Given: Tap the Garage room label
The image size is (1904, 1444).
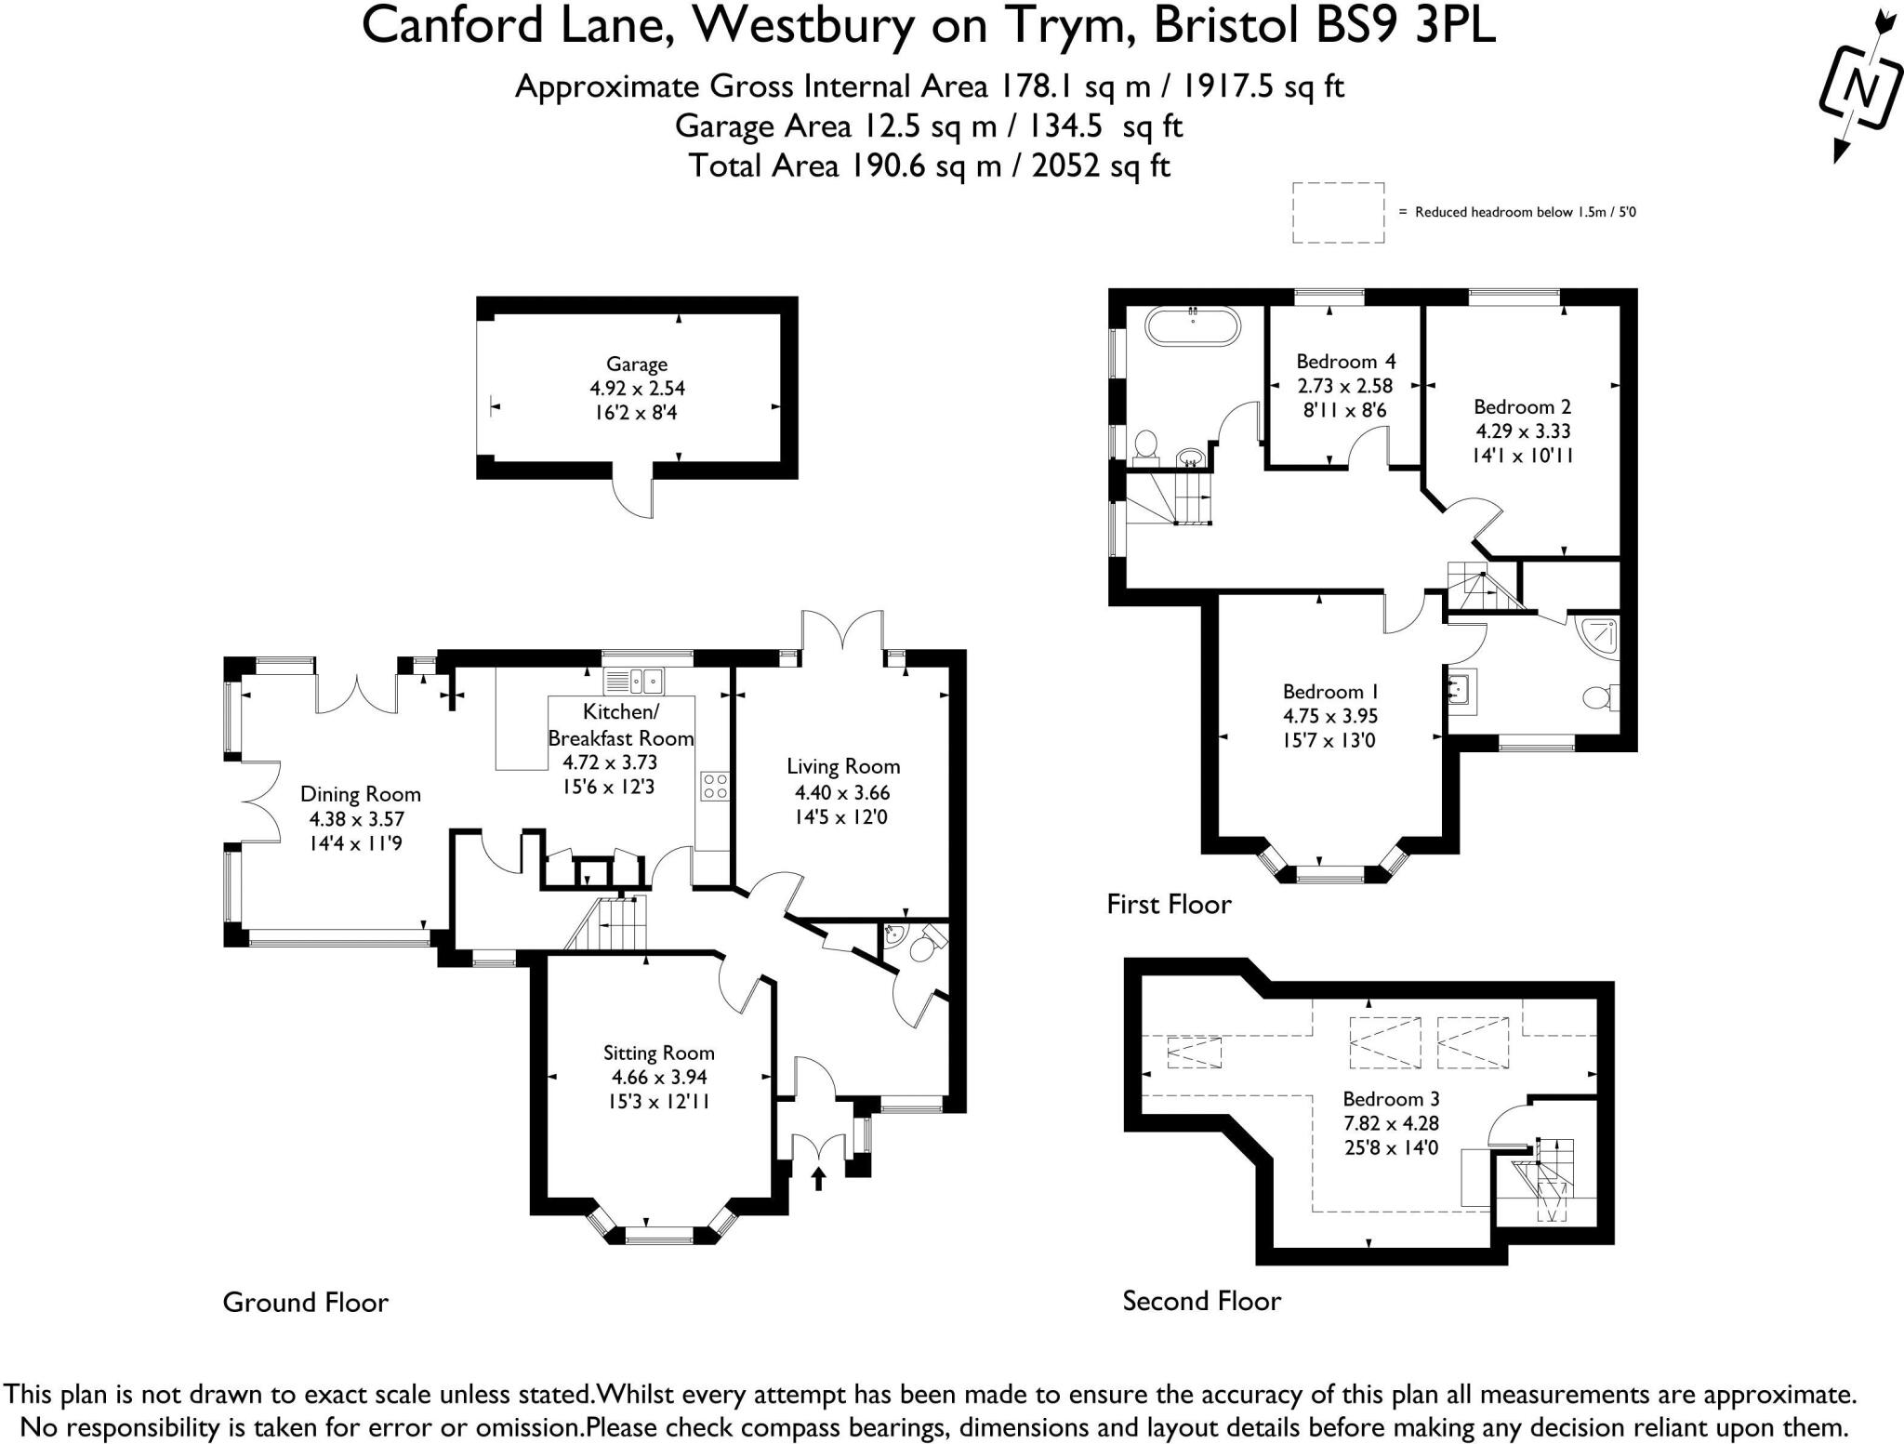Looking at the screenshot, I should [637, 364].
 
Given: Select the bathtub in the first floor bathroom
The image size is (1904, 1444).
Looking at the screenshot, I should [1193, 327].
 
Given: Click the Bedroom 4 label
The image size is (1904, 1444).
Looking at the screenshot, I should [1345, 361].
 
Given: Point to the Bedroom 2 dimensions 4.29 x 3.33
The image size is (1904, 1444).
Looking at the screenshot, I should [1523, 431].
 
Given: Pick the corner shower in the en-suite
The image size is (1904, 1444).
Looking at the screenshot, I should [1602, 636].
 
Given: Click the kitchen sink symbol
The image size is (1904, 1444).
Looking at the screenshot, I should [635, 682].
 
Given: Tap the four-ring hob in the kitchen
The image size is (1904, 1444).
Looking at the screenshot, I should [714, 787].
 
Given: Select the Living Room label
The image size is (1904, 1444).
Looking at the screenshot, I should [843, 767].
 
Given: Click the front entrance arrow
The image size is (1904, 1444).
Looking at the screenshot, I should [818, 1179].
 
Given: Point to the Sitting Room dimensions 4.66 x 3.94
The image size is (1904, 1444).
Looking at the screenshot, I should [658, 1078].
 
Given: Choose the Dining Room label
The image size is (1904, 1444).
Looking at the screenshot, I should [360, 794].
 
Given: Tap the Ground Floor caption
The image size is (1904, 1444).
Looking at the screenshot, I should [305, 1303].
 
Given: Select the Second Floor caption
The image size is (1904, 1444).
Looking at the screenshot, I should [1201, 1301].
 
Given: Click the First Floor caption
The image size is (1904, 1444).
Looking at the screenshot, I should [1169, 904].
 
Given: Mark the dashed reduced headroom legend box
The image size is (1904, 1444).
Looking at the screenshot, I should [1338, 213].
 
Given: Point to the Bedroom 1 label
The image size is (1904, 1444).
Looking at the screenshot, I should [1329, 692].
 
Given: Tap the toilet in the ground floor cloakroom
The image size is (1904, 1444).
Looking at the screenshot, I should [923, 947].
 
